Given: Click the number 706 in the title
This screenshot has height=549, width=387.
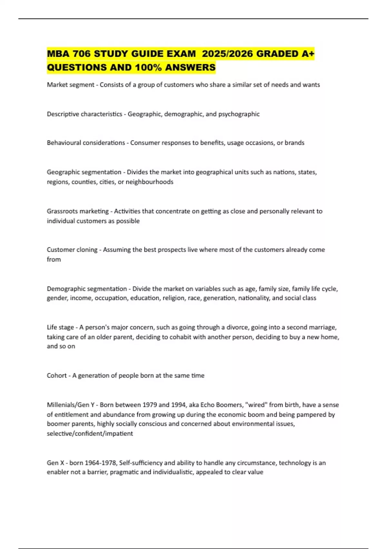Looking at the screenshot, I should [82, 54].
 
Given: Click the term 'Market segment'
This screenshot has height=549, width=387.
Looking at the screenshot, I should [71, 85].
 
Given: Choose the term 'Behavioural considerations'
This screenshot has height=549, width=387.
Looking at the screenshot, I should [86, 143].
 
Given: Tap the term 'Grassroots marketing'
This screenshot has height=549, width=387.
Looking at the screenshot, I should [78, 211].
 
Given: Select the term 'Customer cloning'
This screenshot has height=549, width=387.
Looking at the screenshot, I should [72, 250].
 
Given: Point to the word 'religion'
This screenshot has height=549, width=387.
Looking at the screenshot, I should [174, 298].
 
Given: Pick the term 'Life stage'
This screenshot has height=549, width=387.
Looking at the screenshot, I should [60, 327].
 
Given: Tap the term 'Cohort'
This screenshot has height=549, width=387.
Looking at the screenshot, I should [57, 376].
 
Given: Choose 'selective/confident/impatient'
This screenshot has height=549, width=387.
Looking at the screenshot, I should [90, 433].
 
